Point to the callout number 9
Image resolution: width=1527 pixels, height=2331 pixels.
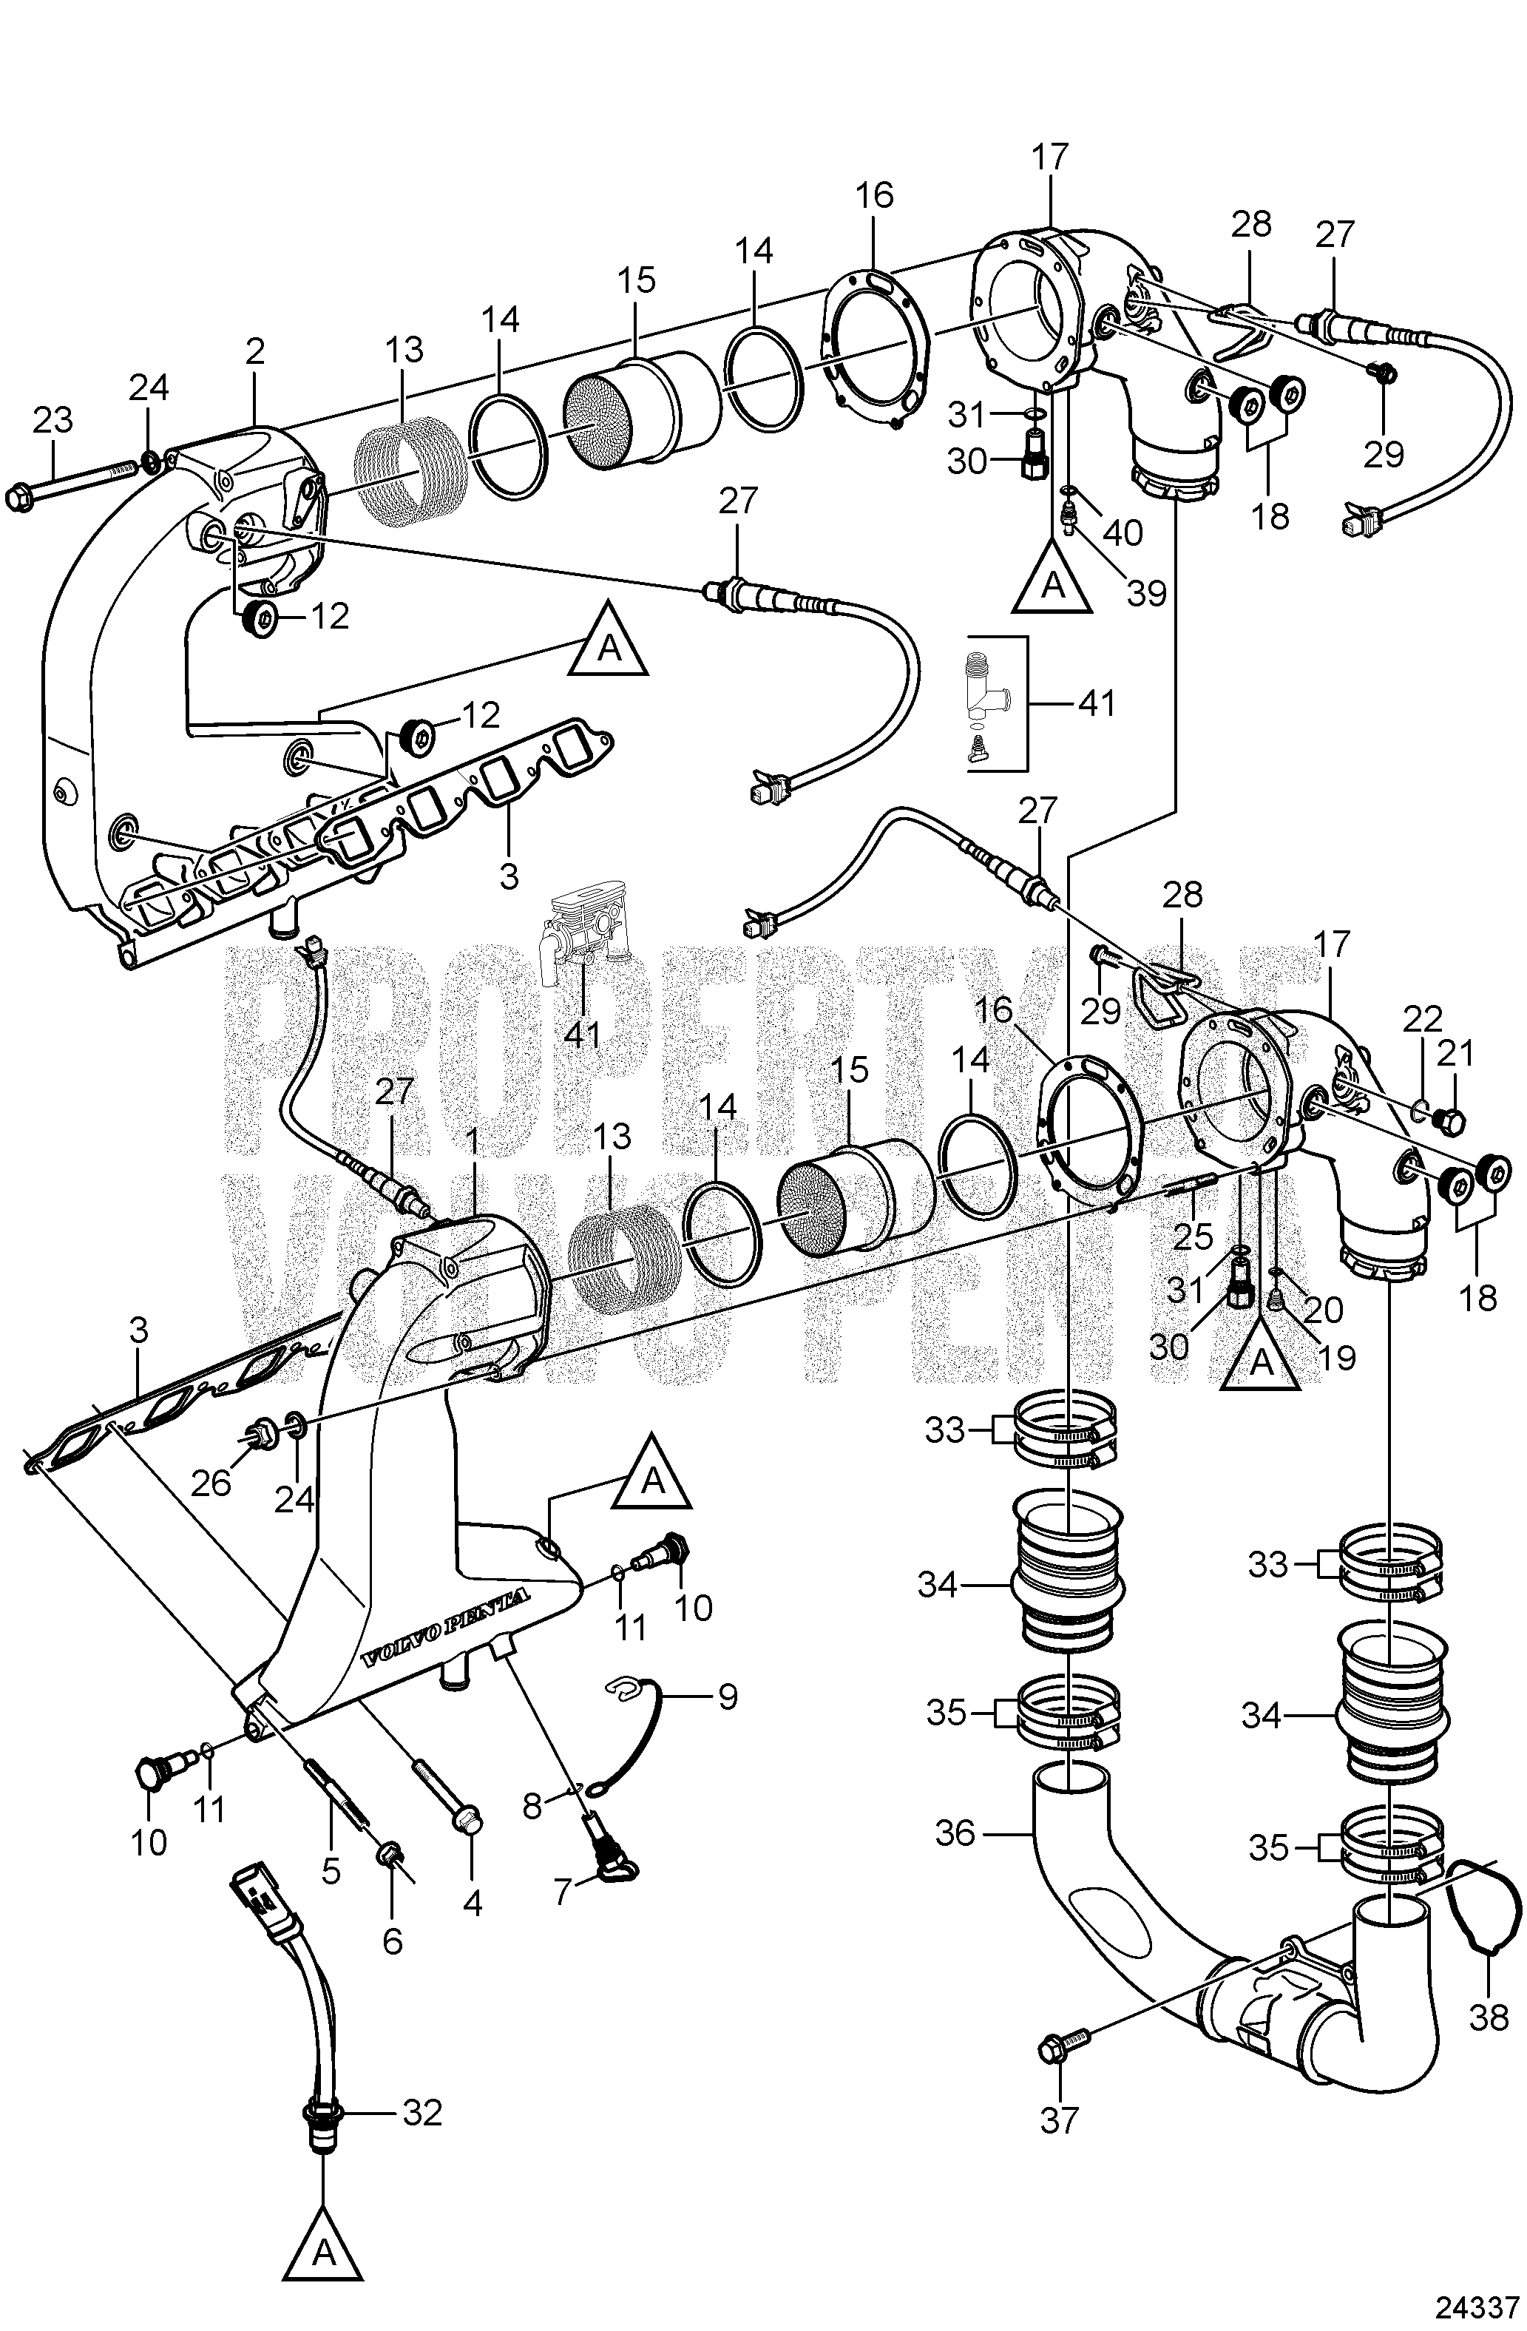727,1696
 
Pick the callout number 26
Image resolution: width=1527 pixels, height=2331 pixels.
211,1482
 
